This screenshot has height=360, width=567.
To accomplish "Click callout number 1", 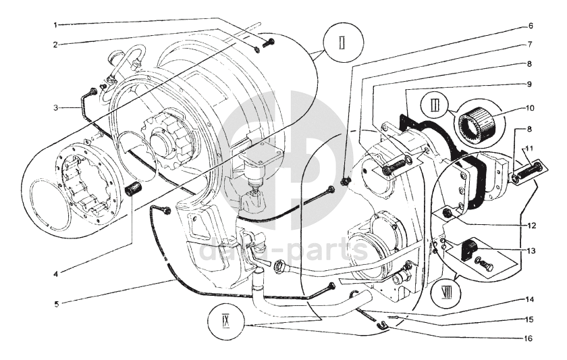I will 57,25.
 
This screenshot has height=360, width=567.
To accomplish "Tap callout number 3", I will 57,106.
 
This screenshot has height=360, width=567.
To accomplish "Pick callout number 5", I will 57,303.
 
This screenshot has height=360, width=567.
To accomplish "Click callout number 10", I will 530,107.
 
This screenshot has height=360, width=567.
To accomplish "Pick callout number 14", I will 530,299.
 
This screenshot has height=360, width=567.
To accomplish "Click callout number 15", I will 530,319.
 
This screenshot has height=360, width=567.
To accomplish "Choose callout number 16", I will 530,338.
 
